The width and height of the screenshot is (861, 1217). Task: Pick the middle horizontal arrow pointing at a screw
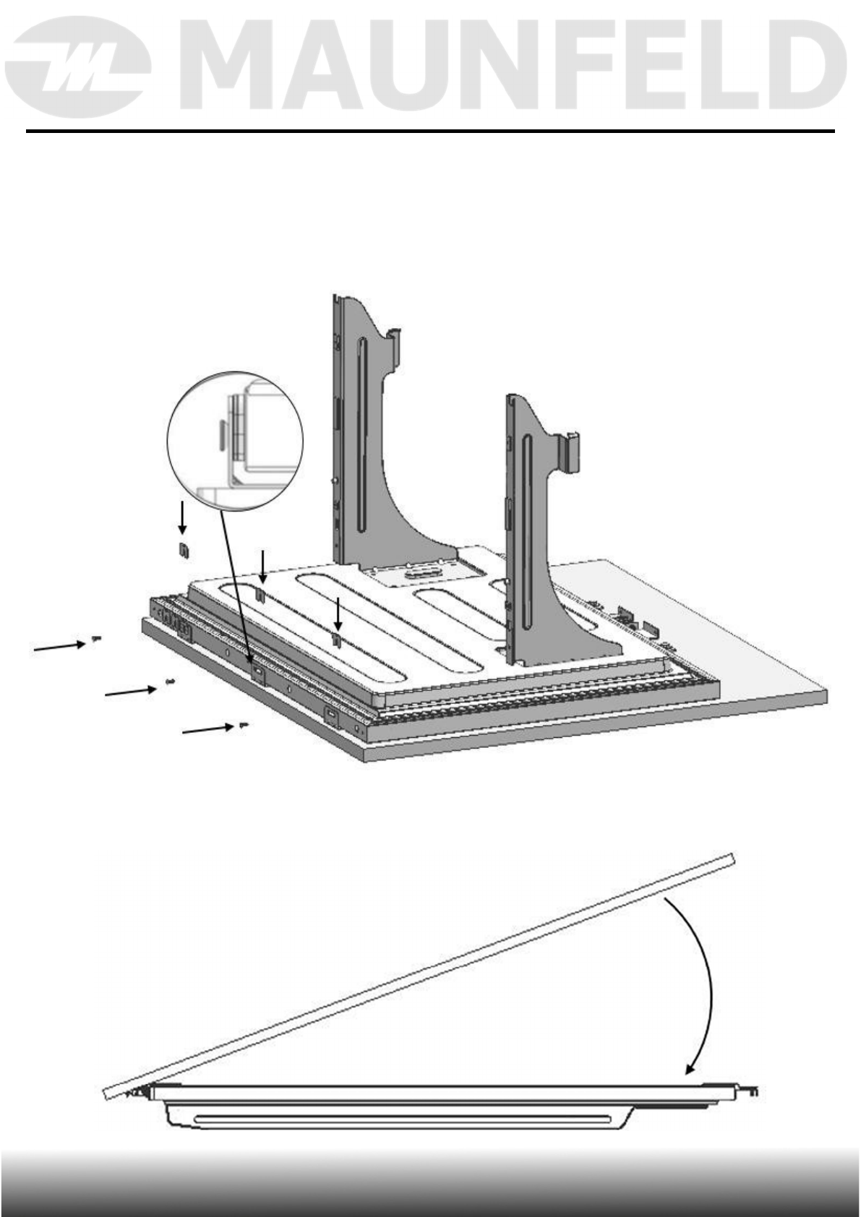coord(131,691)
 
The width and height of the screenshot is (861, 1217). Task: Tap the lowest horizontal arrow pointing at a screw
coord(207,730)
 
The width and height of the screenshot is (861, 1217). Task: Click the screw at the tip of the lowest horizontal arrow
coord(243,725)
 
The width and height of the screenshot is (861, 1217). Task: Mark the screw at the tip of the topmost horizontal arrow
coord(96,639)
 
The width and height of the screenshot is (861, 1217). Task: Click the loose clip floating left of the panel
coord(184,550)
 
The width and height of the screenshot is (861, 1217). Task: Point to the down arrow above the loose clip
coord(182,517)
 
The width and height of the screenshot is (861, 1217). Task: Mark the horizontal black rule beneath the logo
coord(430,132)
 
